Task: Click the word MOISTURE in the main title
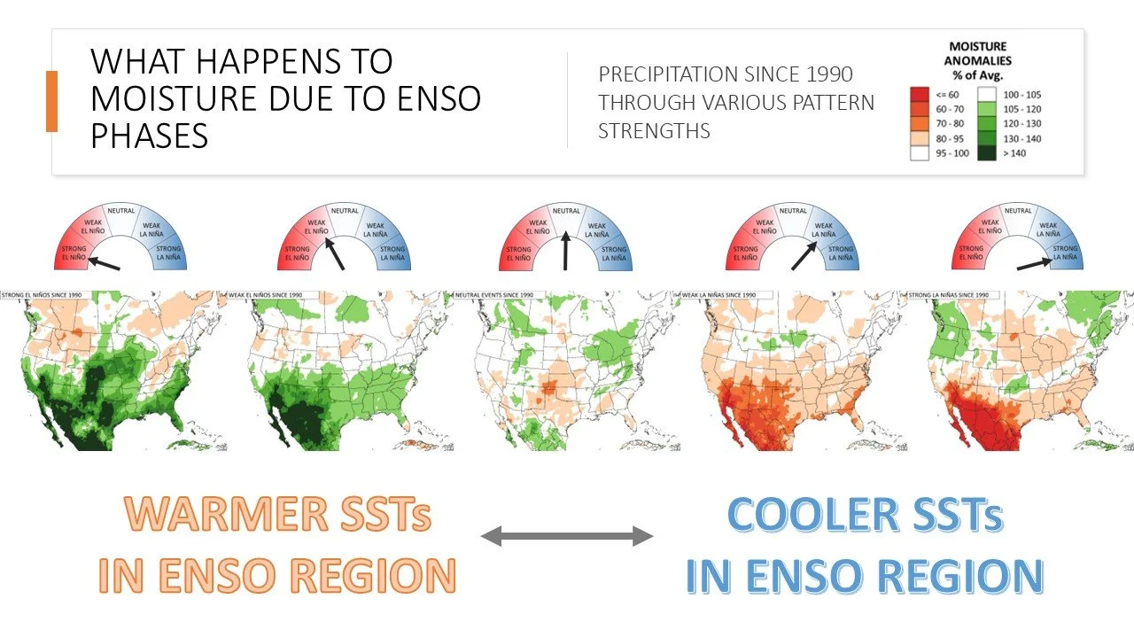(151, 97)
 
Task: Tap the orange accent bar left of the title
(51, 101)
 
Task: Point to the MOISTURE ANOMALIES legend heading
(979, 60)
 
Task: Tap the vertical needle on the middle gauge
(566, 251)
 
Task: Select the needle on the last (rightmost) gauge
(1034, 262)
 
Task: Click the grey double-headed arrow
(567, 535)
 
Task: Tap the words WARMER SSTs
(277, 514)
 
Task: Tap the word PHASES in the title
(150, 135)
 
